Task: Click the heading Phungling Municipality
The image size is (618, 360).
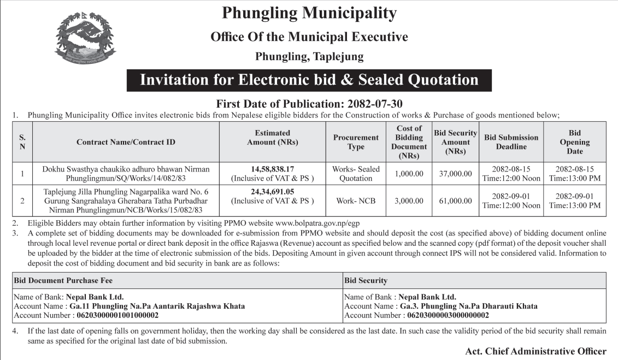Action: tap(309, 13)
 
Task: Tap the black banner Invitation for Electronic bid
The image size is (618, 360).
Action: tap(309, 80)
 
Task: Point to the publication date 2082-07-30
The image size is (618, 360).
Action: tap(372, 103)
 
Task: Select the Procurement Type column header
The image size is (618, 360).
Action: tap(356, 142)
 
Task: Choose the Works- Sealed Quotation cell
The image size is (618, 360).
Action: tap(356, 174)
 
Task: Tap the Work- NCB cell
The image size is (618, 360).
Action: tap(356, 201)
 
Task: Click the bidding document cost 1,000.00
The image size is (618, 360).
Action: tap(409, 174)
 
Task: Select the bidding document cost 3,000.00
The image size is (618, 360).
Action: tap(409, 201)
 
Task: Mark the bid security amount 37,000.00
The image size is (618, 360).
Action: tap(455, 174)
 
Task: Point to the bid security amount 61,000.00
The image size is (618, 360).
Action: tap(455, 201)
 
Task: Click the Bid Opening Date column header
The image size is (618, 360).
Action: tap(574, 142)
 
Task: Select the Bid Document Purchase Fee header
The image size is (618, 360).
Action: tap(63, 280)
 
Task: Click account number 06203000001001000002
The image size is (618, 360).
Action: tap(117, 315)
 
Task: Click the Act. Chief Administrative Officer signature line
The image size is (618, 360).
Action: tap(535, 351)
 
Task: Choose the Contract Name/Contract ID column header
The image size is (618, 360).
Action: tap(126, 142)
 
